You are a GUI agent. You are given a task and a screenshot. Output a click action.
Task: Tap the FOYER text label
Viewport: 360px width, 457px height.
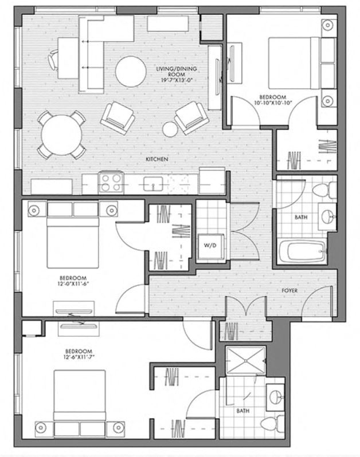[289, 291]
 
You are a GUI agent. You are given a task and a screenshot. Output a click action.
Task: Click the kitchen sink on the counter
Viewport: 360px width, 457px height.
[152, 184]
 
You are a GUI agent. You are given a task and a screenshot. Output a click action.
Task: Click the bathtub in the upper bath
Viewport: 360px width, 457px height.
[302, 251]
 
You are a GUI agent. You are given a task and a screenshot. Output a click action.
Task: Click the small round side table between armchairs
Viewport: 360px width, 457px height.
[170, 128]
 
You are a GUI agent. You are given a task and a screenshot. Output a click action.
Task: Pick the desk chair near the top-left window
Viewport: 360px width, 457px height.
[54, 59]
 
